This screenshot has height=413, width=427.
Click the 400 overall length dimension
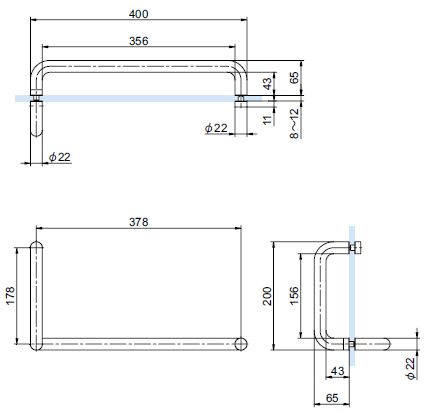[139, 14]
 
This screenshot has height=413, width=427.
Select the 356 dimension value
[139, 41]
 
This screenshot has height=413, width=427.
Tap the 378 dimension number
[139, 222]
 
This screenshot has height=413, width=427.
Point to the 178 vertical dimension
[10, 295]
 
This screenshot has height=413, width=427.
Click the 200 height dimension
[267, 296]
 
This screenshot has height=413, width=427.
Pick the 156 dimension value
[294, 296]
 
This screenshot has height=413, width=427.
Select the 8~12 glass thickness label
[294, 124]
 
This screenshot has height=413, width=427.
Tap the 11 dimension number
[267, 120]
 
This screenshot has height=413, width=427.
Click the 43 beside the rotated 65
[267, 84]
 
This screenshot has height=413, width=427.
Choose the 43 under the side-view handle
[337, 371]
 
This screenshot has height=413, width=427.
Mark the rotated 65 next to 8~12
[294, 77]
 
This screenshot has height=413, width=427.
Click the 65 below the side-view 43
[332, 398]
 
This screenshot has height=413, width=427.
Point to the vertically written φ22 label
[411, 368]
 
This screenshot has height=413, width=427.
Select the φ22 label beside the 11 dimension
[216, 128]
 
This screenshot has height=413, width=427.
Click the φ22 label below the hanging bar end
[60, 157]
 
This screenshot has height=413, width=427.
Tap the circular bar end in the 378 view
[241, 344]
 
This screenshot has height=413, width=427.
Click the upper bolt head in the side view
[355, 248]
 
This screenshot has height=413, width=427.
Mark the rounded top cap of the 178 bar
[36, 245]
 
